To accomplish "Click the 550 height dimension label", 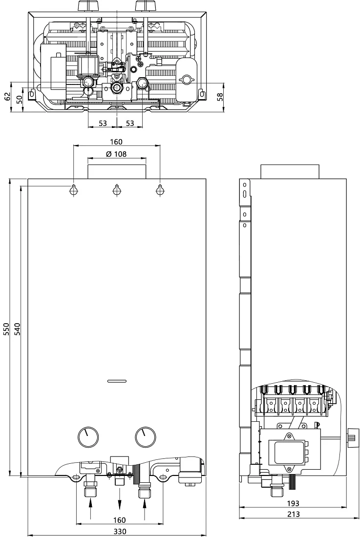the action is click(x=6, y=329).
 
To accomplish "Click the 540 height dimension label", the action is click(x=18, y=329).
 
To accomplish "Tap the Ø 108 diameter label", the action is click(x=116, y=154).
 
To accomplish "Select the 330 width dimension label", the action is click(x=120, y=531).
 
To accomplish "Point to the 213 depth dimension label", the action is click(x=294, y=514).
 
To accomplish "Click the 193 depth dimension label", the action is click(x=293, y=503).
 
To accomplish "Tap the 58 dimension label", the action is click(x=220, y=97).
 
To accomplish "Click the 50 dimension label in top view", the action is click(x=19, y=99).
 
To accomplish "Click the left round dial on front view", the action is click(x=88, y=437).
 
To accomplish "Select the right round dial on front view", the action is click(x=145, y=437).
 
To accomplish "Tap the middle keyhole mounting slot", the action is click(x=117, y=190).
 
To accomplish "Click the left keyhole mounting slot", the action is click(x=74, y=190).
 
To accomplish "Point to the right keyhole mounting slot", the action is click(x=160, y=190).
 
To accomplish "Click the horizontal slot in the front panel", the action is click(x=117, y=381).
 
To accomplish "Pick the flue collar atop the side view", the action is click(x=290, y=171).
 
